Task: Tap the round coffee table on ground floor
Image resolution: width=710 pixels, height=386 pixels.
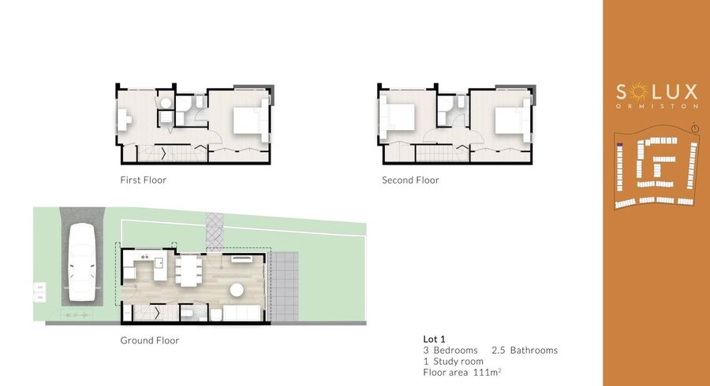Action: coord(236,290)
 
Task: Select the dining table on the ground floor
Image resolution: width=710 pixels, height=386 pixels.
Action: coord(187,271)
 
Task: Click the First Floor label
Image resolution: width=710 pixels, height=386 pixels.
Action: coord(143,180)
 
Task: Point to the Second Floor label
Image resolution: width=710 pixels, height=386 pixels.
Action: coord(410,180)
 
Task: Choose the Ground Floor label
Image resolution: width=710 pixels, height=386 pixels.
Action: coord(149,341)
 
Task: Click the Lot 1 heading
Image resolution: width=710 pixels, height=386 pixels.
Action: coord(435,340)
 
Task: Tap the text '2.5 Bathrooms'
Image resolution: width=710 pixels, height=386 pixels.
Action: coord(525,350)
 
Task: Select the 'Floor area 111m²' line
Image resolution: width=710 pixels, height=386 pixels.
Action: coord(462,371)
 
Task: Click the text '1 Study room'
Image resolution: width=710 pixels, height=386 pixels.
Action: coord(454,361)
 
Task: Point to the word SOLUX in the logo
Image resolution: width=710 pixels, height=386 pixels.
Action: coord(656,91)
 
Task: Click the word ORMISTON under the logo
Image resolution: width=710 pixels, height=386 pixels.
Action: coord(656,105)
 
